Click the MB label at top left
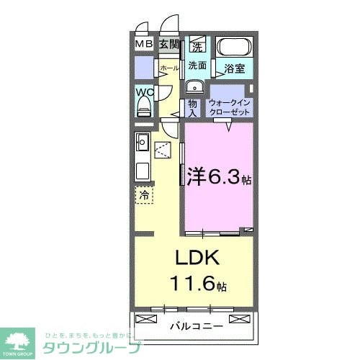click(x=144, y=45)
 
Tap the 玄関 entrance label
click(x=168, y=45)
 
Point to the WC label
click(x=143, y=92)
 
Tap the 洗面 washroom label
click(x=197, y=65)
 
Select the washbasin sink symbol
click(x=193, y=88)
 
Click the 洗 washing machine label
click(x=197, y=48)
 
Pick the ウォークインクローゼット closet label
click(x=230, y=107)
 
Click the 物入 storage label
click(x=192, y=107)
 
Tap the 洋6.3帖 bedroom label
click(x=219, y=176)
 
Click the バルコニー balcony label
click(x=196, y=325)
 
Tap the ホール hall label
click(x=169, y=68)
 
